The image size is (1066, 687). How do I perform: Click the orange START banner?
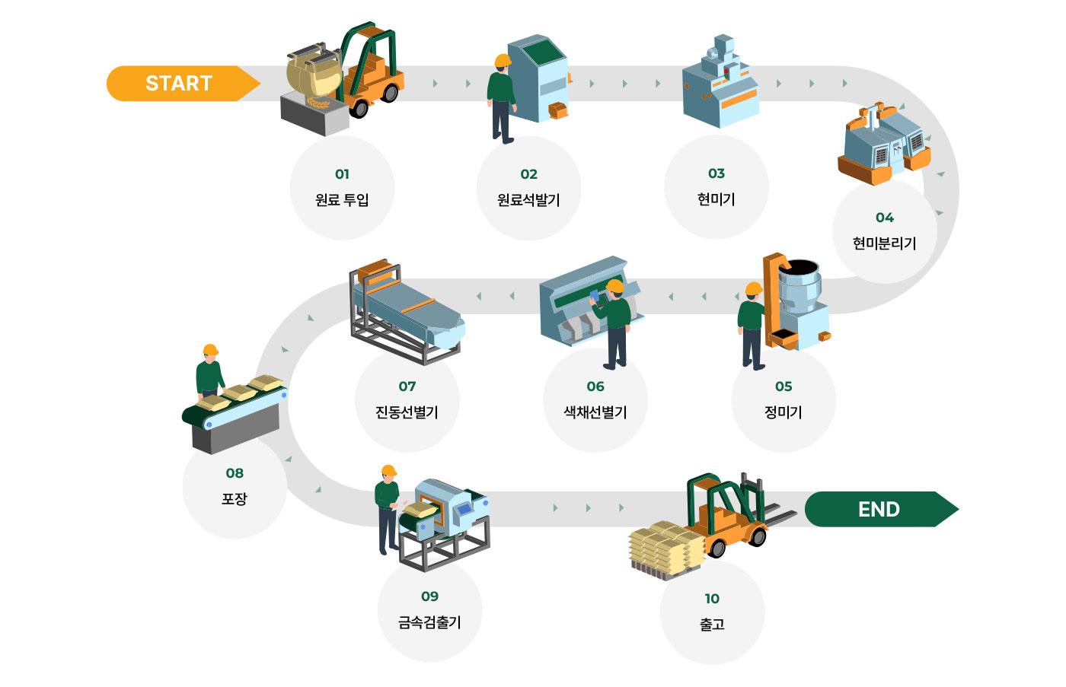pyautogui.click(x=179, y=84)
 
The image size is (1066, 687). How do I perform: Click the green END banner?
pyautogui.click(x=879, y=509)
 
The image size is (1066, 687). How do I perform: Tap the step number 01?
pyautogui.click(x=342, y=174)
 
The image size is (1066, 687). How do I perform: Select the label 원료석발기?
pyautogui.click(x=528, y=200)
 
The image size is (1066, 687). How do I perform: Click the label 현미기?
pyautogui.click(x=717, y=199)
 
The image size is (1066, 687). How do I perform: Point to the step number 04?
pyautogui.click(x=884, y=218)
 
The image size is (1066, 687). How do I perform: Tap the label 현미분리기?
pyautogui.click(x=884, y=243)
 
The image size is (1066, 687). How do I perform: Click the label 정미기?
pyautogui.click(x=784, y=412)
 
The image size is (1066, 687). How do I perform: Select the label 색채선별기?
pyautogui.click(x=595, y=412)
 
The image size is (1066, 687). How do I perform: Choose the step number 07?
pyautogui.click(x=407, y=386)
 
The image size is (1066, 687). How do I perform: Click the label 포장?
pyautogui.click(x=235, y=499)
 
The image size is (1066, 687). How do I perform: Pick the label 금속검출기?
pyautogui.click(x=430, y=622)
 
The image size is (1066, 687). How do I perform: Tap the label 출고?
pyautogui.click(x=712, y=625)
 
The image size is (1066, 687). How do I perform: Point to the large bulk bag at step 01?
pyautogui.click(x=312, y=74)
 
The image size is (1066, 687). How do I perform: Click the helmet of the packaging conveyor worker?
pyautogui.click(x=210, y=351)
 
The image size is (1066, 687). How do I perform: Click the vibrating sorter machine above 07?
pyautogui.click(x=407, y=312)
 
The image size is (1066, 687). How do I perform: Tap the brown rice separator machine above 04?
pyautogui.click(x=883, y=145)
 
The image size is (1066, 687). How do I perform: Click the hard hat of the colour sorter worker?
pyautogui.click(x=614, y=286)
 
